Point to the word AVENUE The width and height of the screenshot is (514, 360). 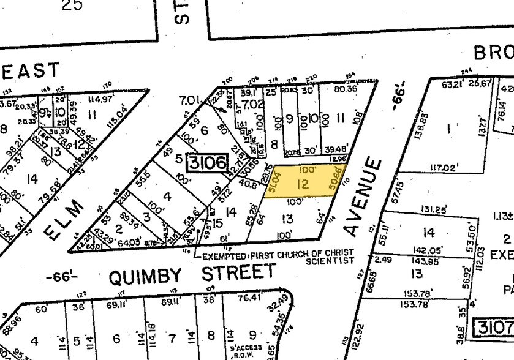[x=361, y=197]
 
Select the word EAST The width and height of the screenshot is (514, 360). [x=30, y=72]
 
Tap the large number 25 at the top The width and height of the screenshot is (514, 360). [x=72, y=6]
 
